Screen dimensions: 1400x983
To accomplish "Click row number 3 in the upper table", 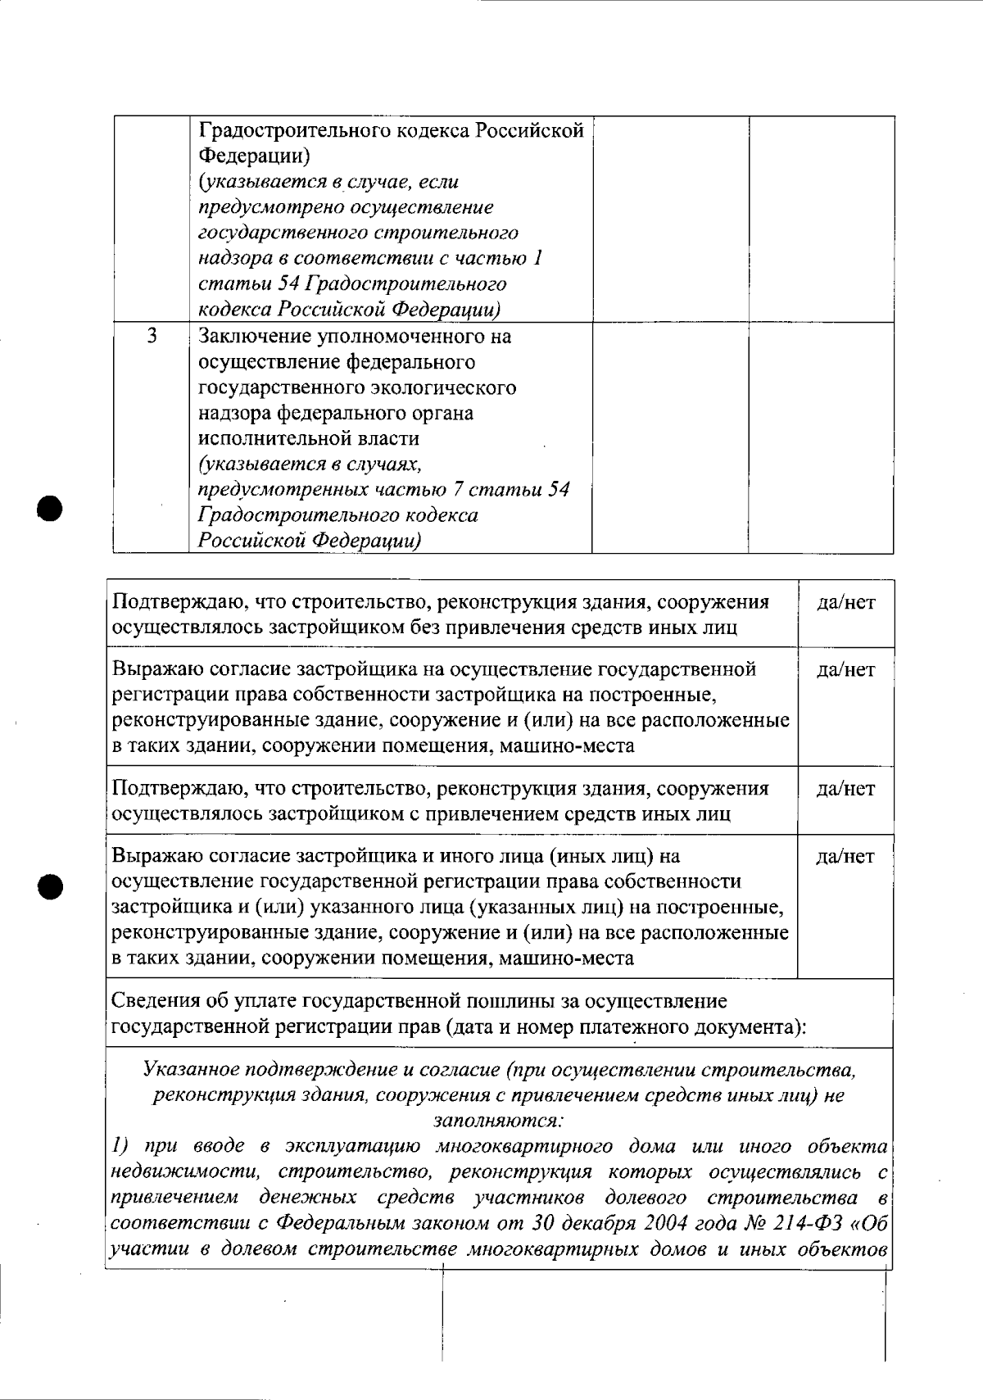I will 152,336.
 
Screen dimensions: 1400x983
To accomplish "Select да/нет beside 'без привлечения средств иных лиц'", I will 845,603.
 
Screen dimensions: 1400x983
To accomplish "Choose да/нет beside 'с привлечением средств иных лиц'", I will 845,789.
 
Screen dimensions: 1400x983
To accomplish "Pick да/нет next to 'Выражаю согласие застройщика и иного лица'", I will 845,857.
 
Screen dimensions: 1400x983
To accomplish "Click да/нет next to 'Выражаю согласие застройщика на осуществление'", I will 845,670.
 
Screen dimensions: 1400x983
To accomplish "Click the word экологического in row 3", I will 447,387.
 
